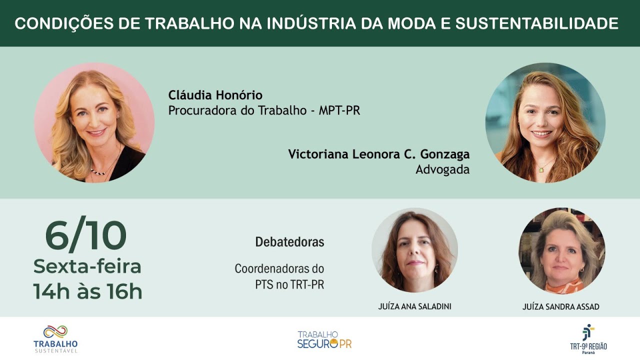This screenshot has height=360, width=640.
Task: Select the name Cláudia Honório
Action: point(215,95)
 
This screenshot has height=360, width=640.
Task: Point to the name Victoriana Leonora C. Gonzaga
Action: point(378,154)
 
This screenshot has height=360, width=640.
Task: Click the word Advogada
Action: point(442,169)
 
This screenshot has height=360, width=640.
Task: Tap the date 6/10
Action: point(86,236)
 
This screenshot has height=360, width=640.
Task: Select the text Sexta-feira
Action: point(87,266)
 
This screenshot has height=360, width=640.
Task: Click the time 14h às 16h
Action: point(87,291)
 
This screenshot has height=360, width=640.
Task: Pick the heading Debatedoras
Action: point(289,242)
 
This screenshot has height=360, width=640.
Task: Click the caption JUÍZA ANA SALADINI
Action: point(414,306)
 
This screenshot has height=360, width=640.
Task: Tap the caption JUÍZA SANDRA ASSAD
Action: point(560,306)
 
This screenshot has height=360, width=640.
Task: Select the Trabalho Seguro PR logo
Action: point(324,339)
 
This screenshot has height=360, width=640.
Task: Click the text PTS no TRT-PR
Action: point(289,285)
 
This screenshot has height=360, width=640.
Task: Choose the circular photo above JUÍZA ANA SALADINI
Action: point(414,250)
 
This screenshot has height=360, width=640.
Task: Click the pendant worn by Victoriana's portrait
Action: point(540,169)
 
